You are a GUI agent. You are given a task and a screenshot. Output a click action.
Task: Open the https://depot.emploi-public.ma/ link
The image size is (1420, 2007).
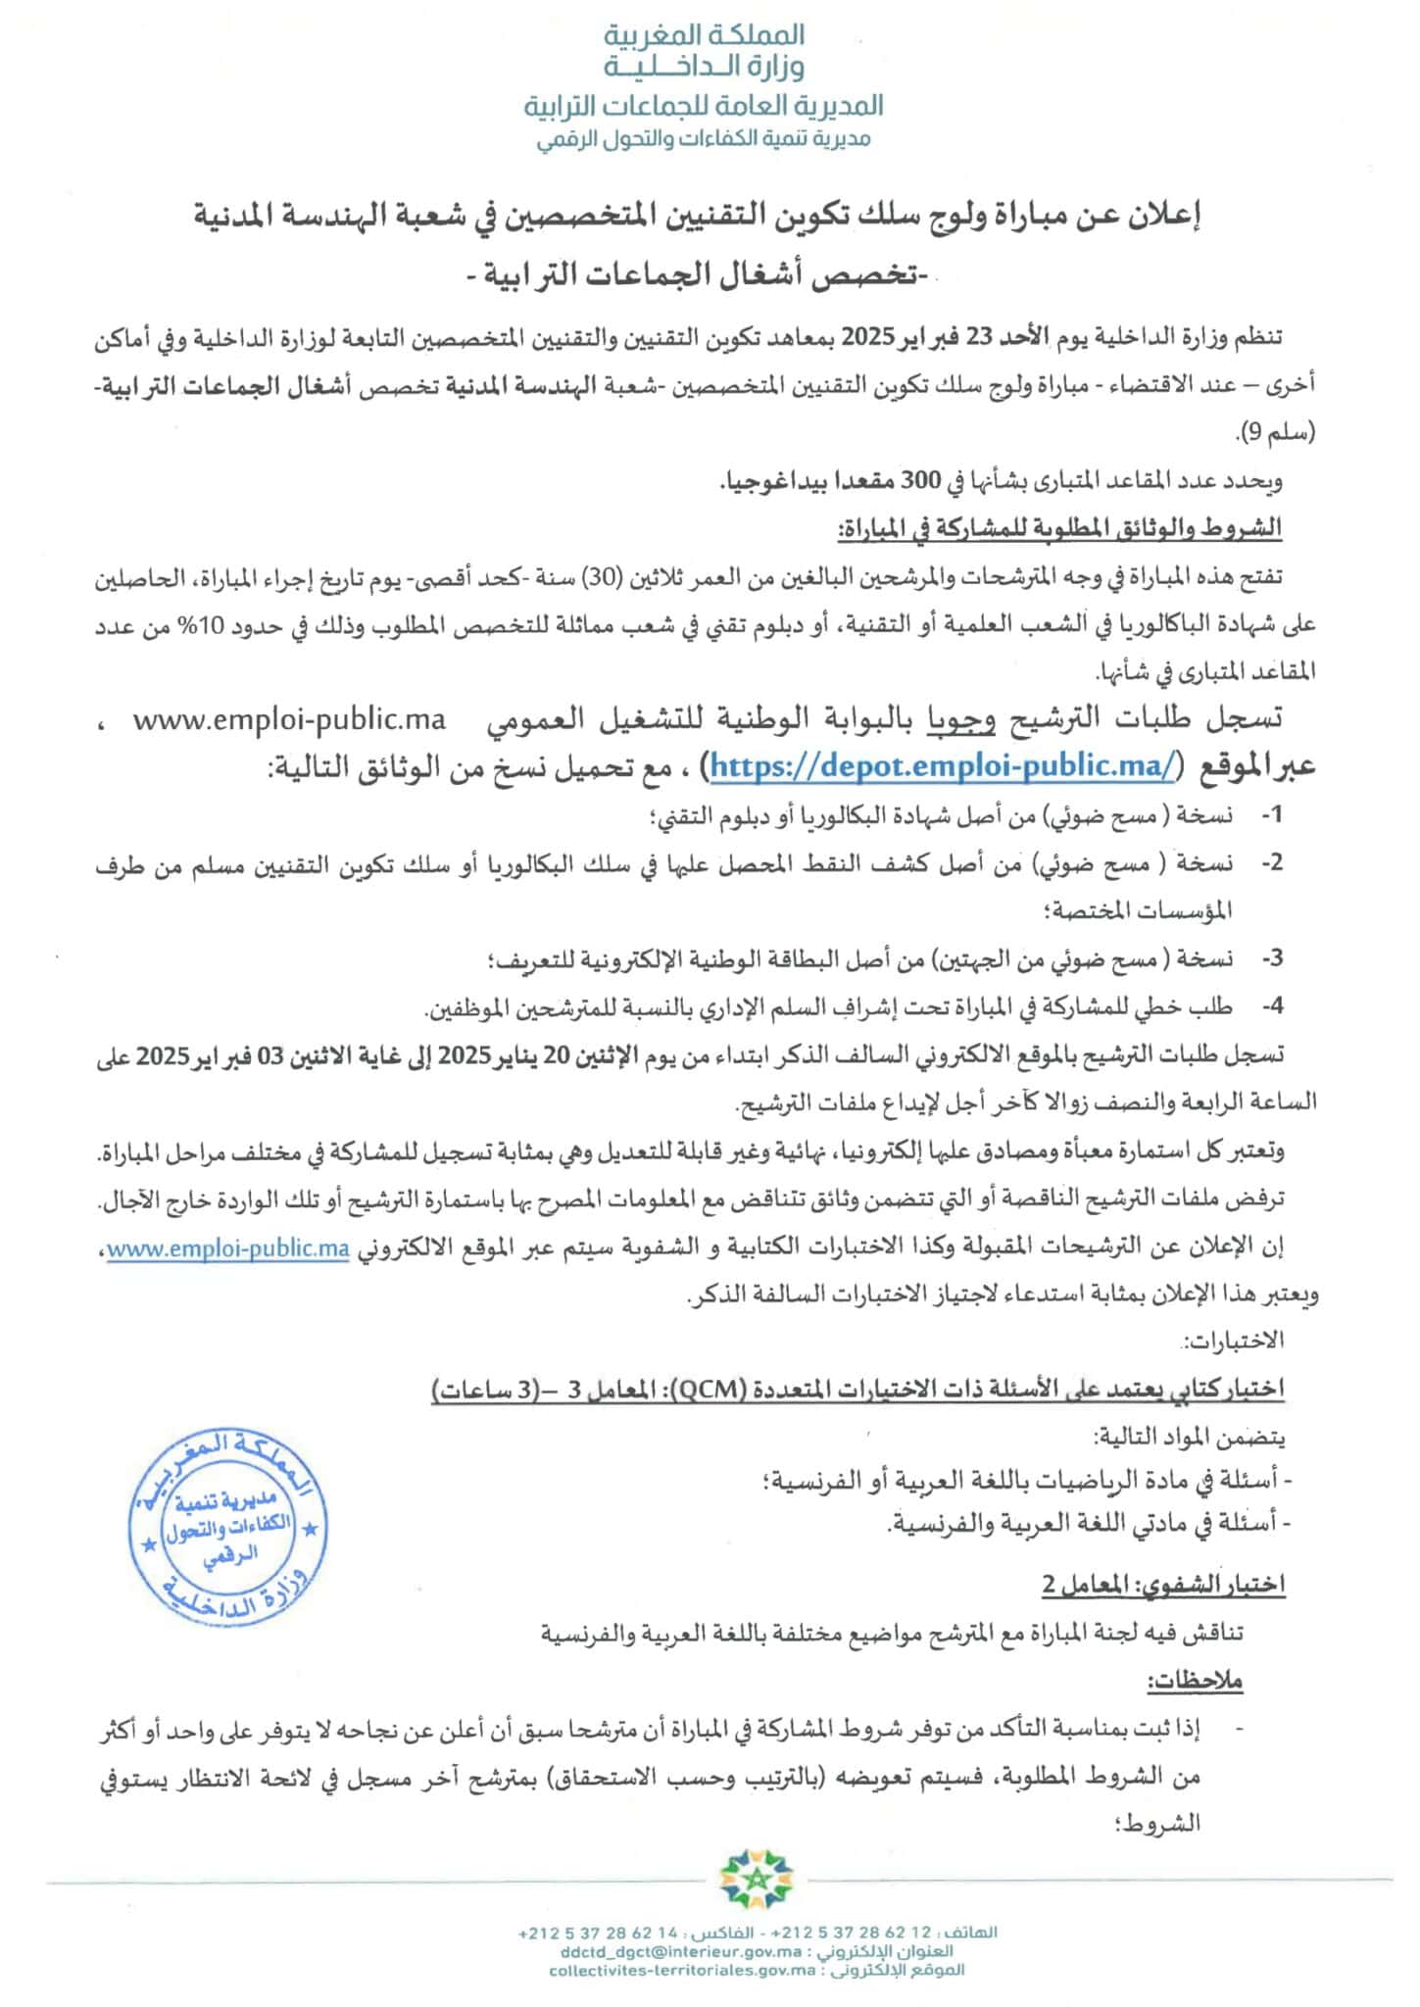[x=940, y=766]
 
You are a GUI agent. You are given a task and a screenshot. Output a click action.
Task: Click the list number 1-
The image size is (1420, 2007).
[x=1271, y=815]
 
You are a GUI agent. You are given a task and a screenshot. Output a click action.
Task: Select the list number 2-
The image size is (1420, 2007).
[x=1271, y=862]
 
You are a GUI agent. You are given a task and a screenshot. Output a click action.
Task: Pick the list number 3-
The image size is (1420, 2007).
[x=1271, y=958]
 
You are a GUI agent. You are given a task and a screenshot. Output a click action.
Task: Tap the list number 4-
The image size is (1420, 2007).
[x=1271, y=1005]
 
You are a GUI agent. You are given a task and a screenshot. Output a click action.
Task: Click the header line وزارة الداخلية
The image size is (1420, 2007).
[x=706, y=67]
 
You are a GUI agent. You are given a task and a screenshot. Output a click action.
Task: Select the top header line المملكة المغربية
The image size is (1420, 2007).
[x=706, y=35]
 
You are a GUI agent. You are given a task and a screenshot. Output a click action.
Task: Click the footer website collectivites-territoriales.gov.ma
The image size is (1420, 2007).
[x=683, y=1969]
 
